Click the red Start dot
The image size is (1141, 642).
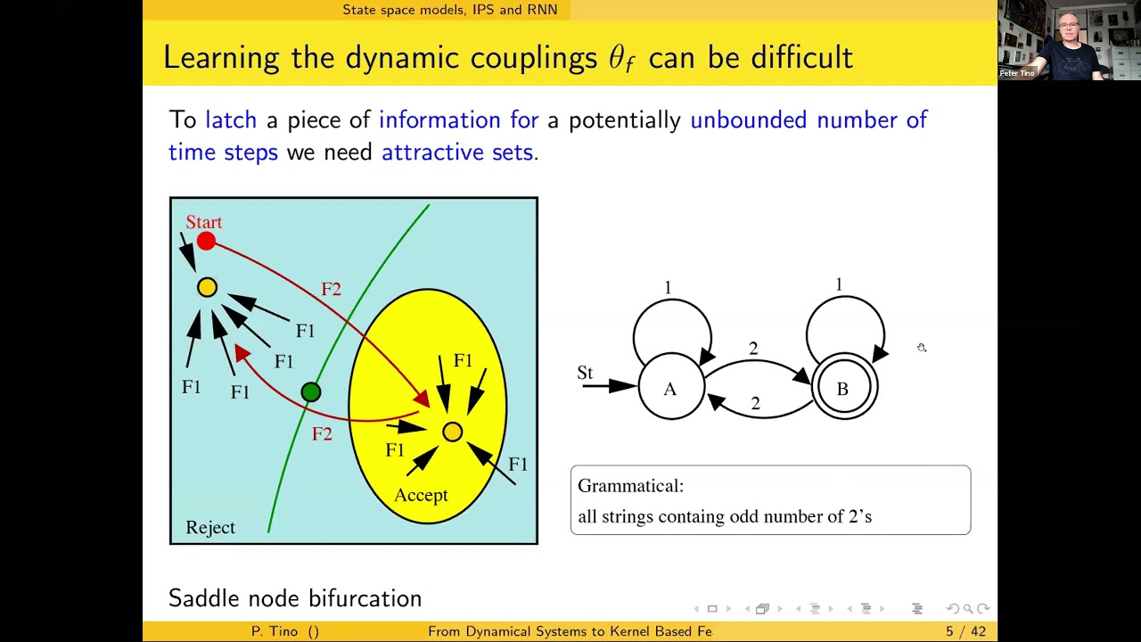click(206, 241)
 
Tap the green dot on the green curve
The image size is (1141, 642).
click(310, 392)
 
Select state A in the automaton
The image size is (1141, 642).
click(670, 389)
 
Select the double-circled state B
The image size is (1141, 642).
click(842, 389)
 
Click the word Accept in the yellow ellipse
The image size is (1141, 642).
click(421, 496)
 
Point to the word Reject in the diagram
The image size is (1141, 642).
click(210, 528)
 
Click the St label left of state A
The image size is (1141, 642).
click(585, 373)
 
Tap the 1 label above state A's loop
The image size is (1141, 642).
click(668, 288)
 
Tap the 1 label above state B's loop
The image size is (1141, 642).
click(839, 284)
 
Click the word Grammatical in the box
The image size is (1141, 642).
click(630, 486)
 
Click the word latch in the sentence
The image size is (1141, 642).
click(231, 120)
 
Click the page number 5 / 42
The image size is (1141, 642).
click(965, 631)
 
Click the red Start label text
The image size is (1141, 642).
click(203, 222)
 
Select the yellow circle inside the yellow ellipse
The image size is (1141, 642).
click(452, 432)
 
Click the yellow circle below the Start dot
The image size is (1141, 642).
click(207, 287)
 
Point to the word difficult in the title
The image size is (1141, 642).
click(801, 58)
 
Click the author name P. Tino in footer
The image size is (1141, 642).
click(275, 631)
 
